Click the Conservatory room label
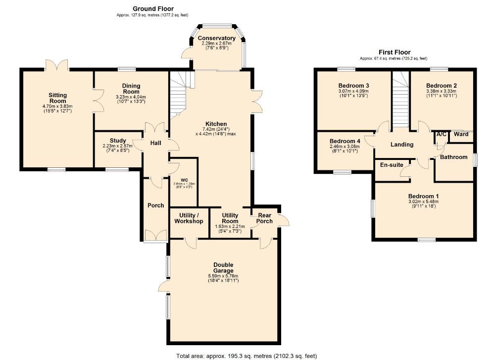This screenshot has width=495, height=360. [216, 38]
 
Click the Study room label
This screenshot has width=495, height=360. [118, 140]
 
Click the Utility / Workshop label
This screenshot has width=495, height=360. [189, 218]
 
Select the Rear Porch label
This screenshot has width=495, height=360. [265, 218]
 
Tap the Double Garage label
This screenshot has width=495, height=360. [223, 268]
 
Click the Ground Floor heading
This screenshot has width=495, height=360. [153, 8]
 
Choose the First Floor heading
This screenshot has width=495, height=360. [395, 51]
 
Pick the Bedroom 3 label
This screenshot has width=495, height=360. [353, 85]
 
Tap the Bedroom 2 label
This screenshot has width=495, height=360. [441, 85]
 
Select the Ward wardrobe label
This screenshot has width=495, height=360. [461, 134]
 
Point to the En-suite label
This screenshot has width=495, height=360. [392, 165]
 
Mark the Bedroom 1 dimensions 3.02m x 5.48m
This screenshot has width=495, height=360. [423, 202]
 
